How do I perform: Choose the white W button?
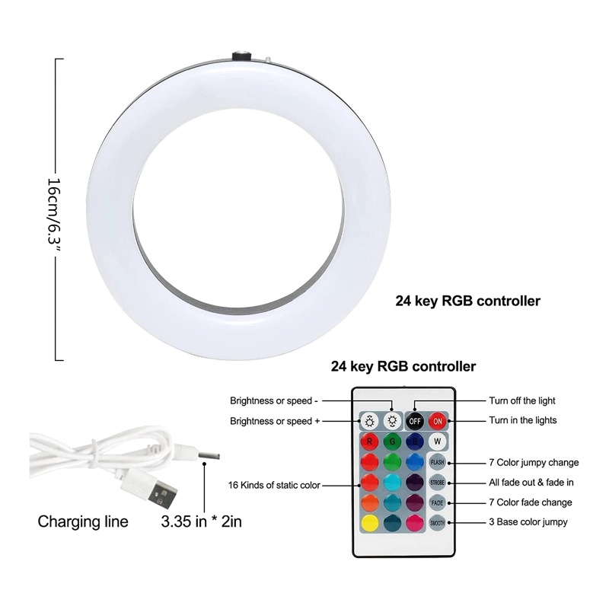pos(437,440)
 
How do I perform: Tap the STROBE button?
pos(437,483)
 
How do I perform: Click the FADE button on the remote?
pos(437,503)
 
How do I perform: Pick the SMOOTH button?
pos(437,524)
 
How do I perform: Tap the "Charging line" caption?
pos(83,522)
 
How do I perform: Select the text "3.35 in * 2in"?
pos(202,522)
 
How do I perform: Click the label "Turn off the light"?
pos(521,400)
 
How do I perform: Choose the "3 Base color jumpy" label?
pos(527,522)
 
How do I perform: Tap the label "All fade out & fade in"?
pos(531,483)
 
